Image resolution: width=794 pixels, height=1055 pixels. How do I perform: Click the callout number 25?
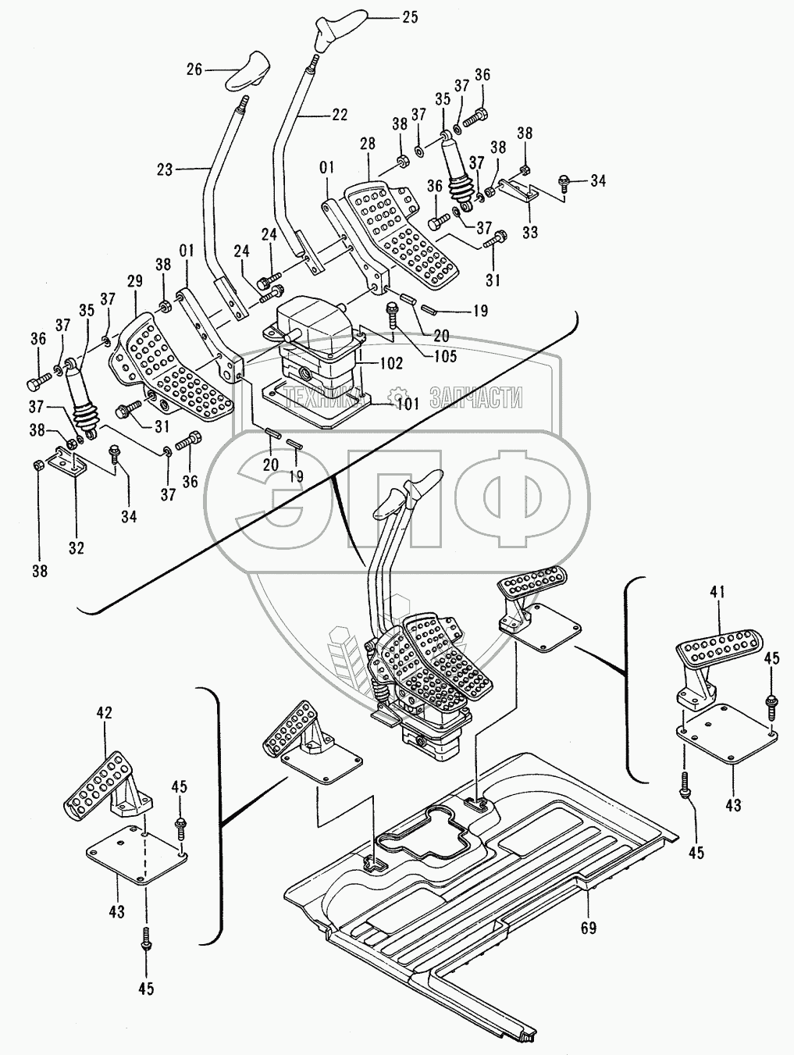410,18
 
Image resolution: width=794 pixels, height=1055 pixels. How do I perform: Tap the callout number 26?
194,70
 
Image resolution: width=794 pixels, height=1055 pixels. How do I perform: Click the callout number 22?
339,115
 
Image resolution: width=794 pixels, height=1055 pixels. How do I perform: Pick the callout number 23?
165,169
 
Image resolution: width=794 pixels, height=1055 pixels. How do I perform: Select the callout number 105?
441,355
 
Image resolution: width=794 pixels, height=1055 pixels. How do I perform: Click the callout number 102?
391,363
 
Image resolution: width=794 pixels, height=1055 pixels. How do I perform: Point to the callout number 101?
408,403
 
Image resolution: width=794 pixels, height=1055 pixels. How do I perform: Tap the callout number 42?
105,712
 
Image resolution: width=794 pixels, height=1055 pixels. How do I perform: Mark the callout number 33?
530,233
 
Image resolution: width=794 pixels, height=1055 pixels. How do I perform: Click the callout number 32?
76,548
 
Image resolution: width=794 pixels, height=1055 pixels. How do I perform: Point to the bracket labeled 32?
67,461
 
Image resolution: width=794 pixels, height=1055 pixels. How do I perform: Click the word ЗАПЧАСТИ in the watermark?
475,397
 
